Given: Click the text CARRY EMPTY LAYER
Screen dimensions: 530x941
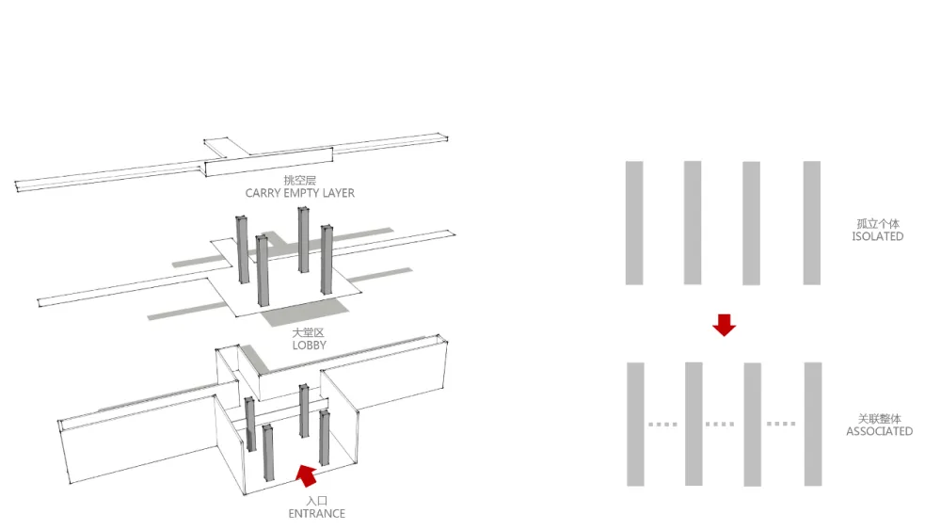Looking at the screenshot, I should (x=300, y=193).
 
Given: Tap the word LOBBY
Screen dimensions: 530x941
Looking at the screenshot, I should (x=309, y=345).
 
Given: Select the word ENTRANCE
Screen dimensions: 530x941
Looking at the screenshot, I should (x=316, y=513).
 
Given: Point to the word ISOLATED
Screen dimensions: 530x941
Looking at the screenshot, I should (x=877, y=236).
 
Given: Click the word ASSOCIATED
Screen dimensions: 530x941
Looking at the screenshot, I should (x=879, y=431).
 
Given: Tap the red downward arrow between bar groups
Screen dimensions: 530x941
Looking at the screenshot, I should (x=724, y=325).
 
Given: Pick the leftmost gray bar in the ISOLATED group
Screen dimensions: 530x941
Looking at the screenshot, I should (x=634, y=222).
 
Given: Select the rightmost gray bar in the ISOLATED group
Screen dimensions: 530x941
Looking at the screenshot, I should (x=812, y=222).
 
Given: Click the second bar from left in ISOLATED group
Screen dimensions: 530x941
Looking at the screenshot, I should (x=693, y=222).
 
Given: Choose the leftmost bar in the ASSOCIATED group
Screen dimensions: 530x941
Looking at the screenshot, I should (x=635, y=425).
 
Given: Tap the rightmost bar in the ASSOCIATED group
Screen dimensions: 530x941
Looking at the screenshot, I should (x=812, y=425).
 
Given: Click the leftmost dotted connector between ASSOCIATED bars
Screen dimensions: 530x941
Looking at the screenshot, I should (x=663, y=425).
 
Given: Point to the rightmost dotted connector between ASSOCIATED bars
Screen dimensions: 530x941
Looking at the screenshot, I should (x=781, y=425).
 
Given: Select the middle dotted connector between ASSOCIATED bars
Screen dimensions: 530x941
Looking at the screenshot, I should (x=721, y=425).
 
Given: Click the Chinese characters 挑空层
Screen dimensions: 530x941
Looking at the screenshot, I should (x=300, y=180).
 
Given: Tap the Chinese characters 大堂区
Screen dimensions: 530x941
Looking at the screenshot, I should (x=309, y=332).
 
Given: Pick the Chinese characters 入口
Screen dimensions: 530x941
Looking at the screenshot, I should (x=316, y=501).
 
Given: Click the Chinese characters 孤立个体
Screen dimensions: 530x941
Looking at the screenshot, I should (x=877, y=224).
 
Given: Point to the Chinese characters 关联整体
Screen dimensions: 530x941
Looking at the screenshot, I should (x=879, y=418).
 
